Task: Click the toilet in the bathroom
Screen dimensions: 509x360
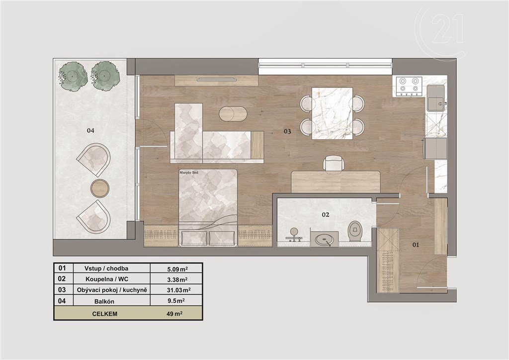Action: (355, 231)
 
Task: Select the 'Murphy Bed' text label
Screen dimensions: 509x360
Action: (188, 173)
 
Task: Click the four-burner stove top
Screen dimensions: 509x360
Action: (409, 87)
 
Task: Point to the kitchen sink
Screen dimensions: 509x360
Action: (435, 98)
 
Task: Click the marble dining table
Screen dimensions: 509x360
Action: (333, 113)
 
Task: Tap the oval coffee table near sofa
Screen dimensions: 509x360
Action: (233, 113)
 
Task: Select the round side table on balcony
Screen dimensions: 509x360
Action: (99, 188)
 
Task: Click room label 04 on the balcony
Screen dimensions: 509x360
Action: (90, 130)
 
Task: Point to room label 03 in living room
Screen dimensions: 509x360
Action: (287, 131)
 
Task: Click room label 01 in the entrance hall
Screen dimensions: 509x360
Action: (416, 245)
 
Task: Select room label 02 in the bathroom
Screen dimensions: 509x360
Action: (326, 215)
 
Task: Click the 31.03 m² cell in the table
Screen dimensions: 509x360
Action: (178, 290)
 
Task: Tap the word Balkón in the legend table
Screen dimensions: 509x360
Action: (104, 301)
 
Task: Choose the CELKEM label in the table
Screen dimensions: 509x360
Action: (104, 314)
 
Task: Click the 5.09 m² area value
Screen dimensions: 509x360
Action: (177, 269)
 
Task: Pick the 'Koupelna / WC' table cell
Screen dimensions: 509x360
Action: (107, 279)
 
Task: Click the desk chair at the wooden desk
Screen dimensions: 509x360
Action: (333, 163)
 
